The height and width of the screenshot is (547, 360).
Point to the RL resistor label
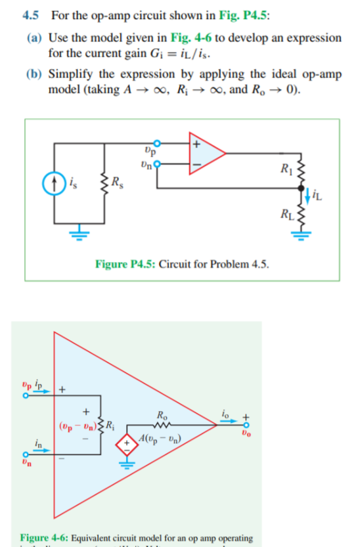[x=286, y=213]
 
